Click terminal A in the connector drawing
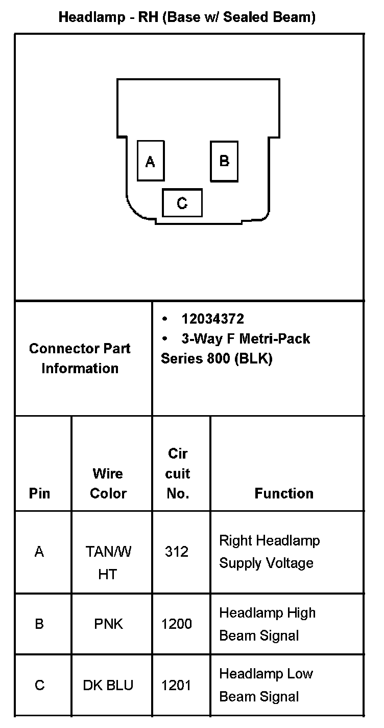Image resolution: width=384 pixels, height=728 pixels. pyautogui.click(x=151, y=161)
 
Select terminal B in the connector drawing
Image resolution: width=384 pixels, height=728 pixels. pyautogui.click(x=224, y=161)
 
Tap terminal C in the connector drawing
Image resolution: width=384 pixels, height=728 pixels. pyautogui.click(x=182, y=203)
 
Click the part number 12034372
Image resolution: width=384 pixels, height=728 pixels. pyautogui.click(x=212, y=319)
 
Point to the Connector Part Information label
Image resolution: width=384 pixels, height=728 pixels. pyautogui.click(x=80, y=358)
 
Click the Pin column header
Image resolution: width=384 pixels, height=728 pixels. pyautogui.click(x=40, y=493)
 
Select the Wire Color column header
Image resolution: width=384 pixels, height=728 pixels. pyautogui.click(x=108, y=483)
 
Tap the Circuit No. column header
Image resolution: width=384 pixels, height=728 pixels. pyautogui.click(x=178, y=473)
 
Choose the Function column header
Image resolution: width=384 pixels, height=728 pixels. pyautogui.click(x=284, y=493)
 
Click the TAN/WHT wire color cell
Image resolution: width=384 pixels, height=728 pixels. pyautogui.click(x=108, y=562)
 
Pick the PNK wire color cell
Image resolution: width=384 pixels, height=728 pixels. pyautogui.click(x=108, y=624)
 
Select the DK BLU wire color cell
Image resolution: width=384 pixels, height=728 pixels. pyautogui.click(x=108, y=685)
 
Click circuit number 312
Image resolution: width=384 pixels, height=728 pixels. pyautogui.click(x=177, y=552)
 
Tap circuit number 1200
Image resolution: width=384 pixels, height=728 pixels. pyautogui.click(x=177, y=624)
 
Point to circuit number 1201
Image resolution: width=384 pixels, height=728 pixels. pyautogui.click(x=177, y=685)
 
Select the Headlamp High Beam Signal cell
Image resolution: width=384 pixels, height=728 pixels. pyautogui.click(x=267, y=624)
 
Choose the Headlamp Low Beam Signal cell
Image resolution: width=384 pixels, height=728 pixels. pyautogui.click(x=266, y=685)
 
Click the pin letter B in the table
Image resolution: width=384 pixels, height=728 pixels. pyautogui.click(x=39, y=624)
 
